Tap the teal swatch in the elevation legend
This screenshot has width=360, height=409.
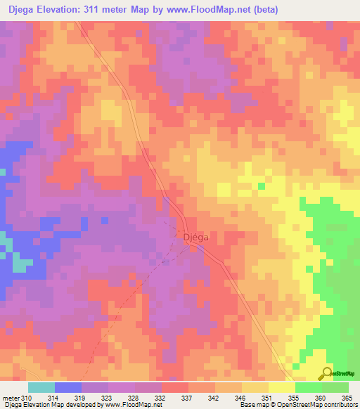click(x=41, y=387)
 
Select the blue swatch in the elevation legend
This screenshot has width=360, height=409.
click(x=68, y=387)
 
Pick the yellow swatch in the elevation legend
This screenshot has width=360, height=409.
click(x=282, y=387)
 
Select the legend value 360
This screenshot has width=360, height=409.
click(x=321, y=398)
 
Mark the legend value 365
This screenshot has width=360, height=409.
click(x=347, y=398)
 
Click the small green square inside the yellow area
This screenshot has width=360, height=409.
click(x=262, y=186)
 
